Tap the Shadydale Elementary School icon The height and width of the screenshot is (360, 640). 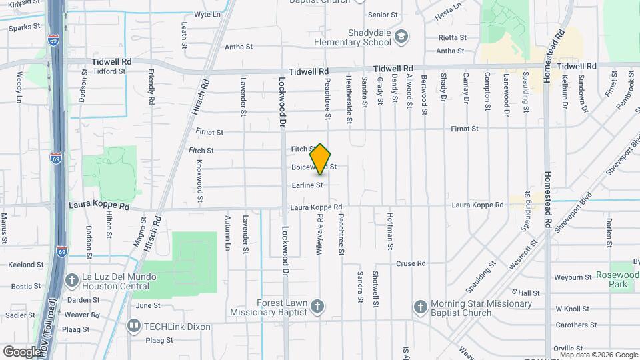401,35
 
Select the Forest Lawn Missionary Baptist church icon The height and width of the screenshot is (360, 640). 318,307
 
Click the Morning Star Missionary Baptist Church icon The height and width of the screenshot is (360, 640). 420,307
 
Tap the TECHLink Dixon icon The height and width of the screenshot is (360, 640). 134,326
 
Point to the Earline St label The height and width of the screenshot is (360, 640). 307,185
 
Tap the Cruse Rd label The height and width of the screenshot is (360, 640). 411,264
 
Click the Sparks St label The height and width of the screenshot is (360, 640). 25,27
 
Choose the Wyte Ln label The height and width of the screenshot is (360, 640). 207,15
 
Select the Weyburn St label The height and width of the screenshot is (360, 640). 573,277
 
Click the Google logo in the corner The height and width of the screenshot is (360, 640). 22,351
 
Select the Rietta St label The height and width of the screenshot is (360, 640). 450,38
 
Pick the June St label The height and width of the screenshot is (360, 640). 148,305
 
